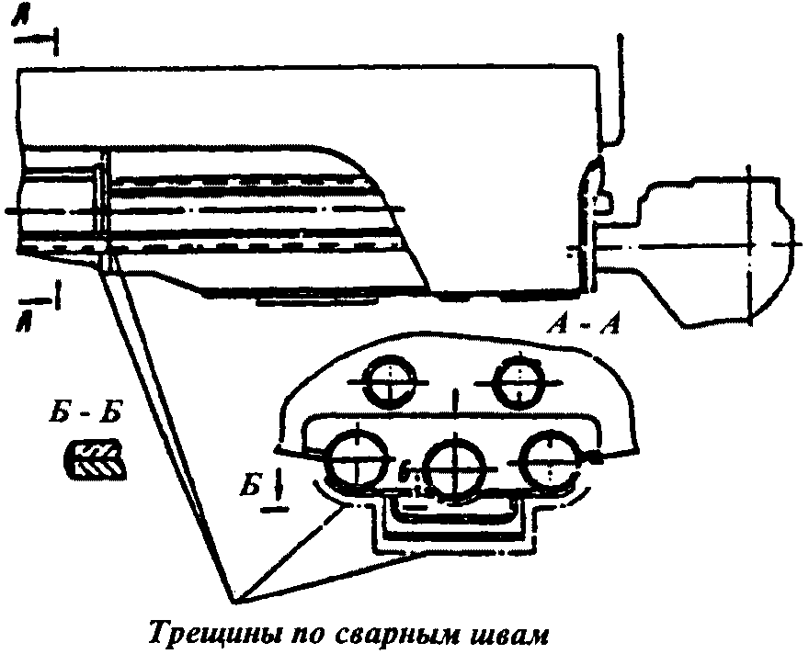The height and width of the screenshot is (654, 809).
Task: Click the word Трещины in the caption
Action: (201, 635)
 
